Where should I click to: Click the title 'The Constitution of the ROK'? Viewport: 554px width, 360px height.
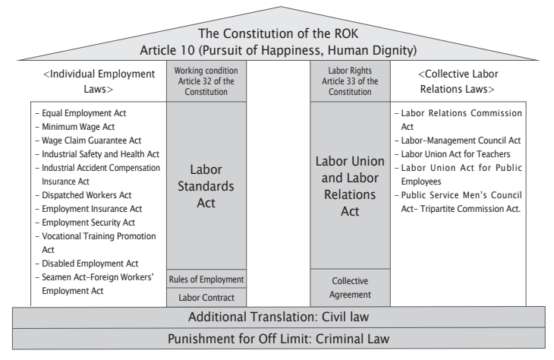pyautogui.click(x=278, y=33)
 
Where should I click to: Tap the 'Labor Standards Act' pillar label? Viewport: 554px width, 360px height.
pyautogui.click(x=206, y=186)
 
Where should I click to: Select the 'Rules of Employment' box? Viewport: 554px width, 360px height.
pyautogui.click(x=206, y=279)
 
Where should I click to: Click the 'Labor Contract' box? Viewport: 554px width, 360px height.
pyautogui.click(x=206, y=298)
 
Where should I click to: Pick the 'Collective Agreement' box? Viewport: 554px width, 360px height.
pyautogui.click(x=350, y=288)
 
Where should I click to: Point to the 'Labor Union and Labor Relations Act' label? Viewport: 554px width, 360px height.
pyautogui.click(x=350, y=186)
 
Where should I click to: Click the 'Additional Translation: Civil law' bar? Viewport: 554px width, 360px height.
pyautogui.click(x=279, y=317)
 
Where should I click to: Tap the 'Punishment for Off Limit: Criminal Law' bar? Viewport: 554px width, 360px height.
pyautogui.click(x=279, y=339)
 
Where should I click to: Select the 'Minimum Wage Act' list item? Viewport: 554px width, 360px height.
pyautogui.click(x=78, y=127)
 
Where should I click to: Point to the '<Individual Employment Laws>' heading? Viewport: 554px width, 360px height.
pyautogui.click(x=99, y=81)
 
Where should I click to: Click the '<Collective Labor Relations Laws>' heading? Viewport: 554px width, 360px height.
pyautogui.click(x=458, y=81)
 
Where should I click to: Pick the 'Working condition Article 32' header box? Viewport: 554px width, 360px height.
pyautogui.click(x=206, y=81)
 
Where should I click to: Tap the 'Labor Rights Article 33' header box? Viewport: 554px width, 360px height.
pyautogui.click(x=350, y=81)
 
